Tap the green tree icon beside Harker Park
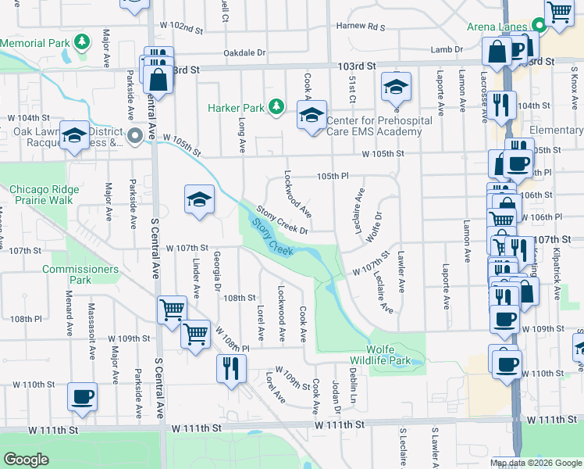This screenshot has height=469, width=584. [275, 106]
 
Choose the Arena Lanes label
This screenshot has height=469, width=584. [498, 27]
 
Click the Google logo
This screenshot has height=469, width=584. [26, 460]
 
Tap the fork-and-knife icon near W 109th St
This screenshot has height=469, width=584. [230, 367]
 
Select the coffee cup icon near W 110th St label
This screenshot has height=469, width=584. [82, 396]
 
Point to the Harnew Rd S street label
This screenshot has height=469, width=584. [361, 27]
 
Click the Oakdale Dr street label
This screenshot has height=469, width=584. [245, 53]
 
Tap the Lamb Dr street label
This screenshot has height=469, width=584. [447, 49]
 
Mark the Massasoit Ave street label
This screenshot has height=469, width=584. [92, 342]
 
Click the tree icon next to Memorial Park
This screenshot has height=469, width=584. [82, 41]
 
